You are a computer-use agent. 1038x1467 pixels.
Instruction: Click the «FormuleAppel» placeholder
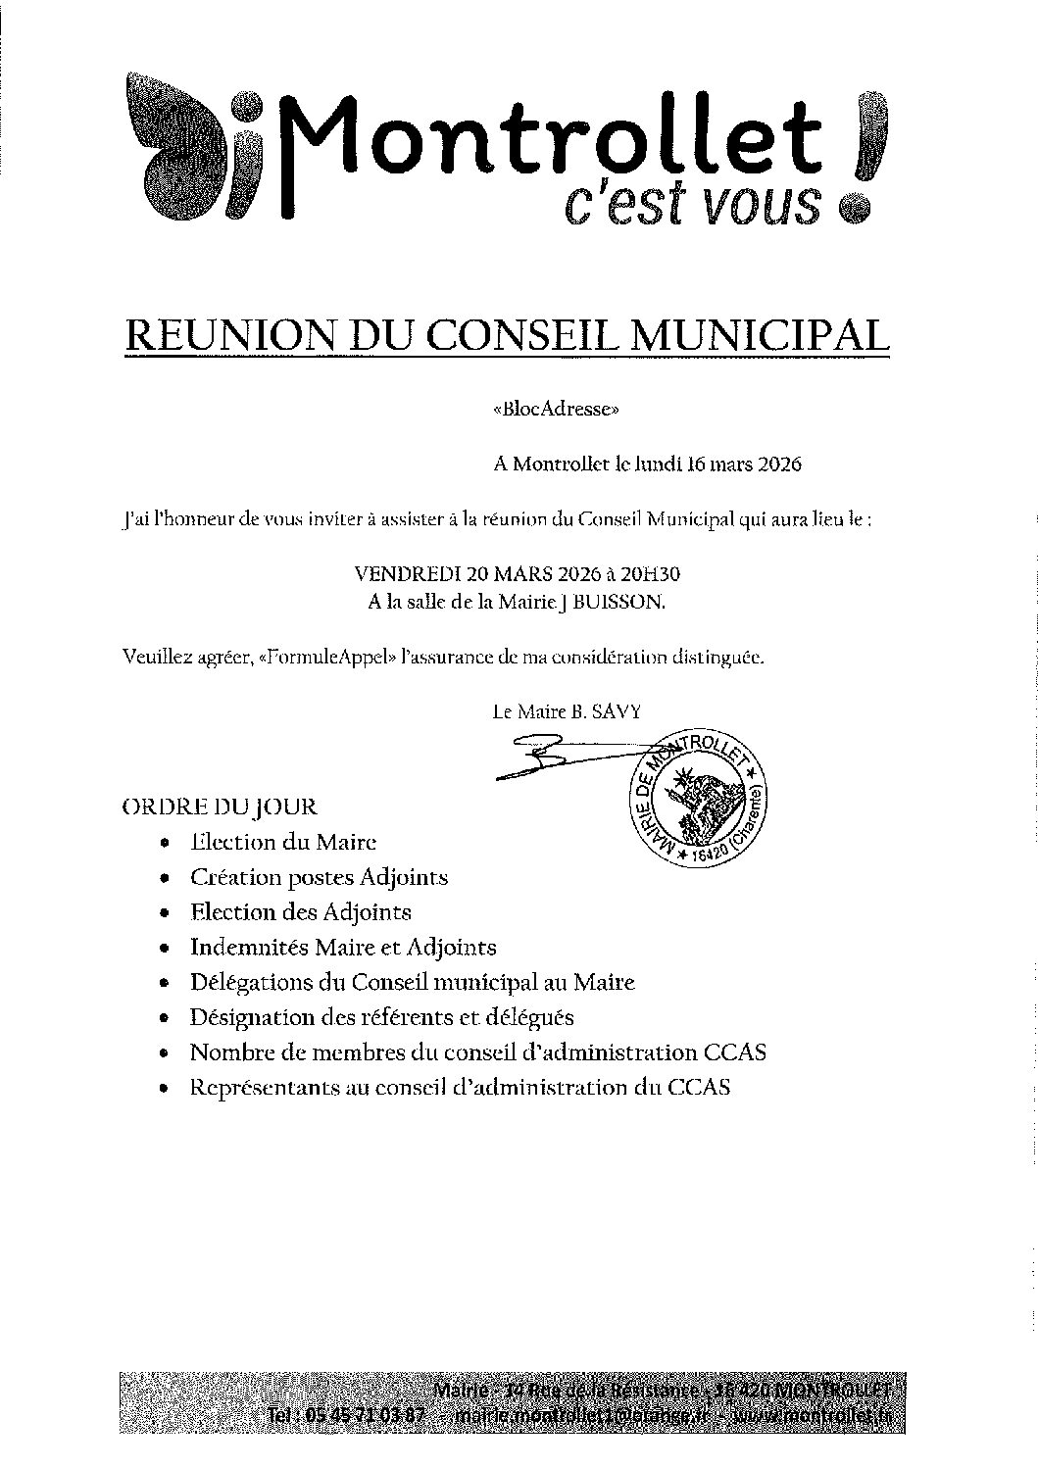(x=329, y=657)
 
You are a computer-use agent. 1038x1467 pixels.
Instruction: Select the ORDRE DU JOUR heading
(x=219, y=807)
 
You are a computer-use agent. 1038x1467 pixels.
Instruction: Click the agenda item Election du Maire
(x=283, y=842)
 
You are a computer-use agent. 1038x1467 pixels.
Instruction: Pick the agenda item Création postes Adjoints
(x=319, y=877)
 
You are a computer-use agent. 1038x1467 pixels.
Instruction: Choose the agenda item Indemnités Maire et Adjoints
(x=343, y=948)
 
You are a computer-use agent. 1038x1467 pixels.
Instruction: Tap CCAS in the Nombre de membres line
(x=734, y=1052)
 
